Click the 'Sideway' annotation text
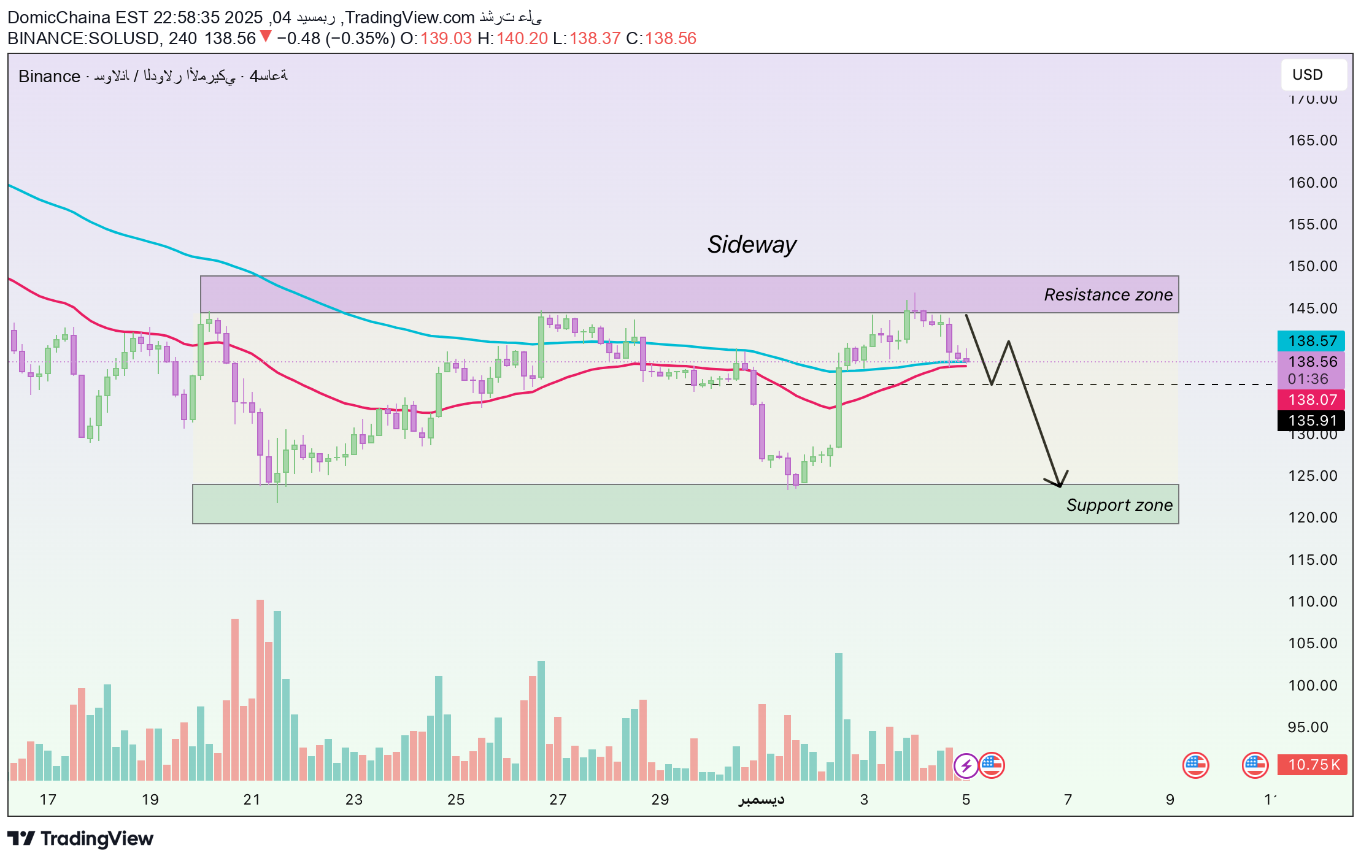point(752,245)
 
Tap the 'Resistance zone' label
point(1108,295)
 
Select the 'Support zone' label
point(1119,505)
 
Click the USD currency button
point(1307,75)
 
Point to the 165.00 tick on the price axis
point(1313,140)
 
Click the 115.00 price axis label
point(1313,560)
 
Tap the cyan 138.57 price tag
point(1311,341)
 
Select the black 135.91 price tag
point(1311,421)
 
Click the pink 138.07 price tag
point(1311,400)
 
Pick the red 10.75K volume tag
point(1313,765)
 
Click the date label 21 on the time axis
point(252,800)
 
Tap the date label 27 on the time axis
point(558,800)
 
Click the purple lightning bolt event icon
point(966,765)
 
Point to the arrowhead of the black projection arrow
point(1060,485)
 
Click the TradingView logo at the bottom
point(80,839)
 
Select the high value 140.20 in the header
point(522,39)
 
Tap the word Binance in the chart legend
point(49,76)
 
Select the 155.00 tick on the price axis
point(1313,224)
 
